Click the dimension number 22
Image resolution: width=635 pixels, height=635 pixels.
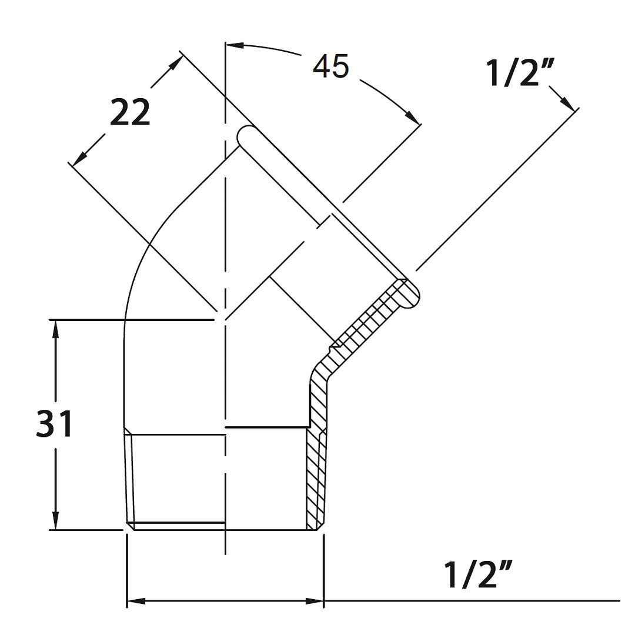(130, 112)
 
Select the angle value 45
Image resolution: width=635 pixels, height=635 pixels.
(330, 66)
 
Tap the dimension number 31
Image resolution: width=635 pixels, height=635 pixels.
(54, 423)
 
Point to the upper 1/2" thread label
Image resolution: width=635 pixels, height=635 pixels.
(520, 73)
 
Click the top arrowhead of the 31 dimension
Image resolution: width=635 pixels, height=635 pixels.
(55, 329)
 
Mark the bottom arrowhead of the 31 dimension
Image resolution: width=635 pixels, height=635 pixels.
(55, 520)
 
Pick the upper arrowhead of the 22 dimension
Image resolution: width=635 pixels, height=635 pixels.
(176, 62)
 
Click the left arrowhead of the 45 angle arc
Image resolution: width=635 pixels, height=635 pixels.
(235, 45)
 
